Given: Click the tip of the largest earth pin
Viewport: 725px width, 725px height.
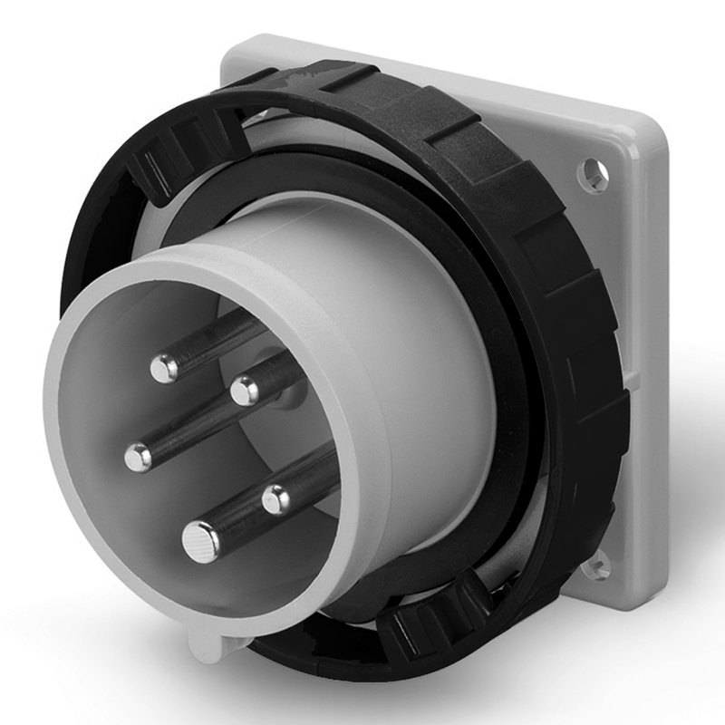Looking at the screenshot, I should (x=200, y=542).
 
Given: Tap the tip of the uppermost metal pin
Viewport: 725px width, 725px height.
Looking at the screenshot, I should (x=164, y=367).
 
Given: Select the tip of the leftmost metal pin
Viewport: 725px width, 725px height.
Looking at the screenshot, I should (x=138, y=458).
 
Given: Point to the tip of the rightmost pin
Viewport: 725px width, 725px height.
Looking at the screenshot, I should (x=275, y=498).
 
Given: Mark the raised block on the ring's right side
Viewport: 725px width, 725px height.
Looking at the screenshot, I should (x=580, y=299).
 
